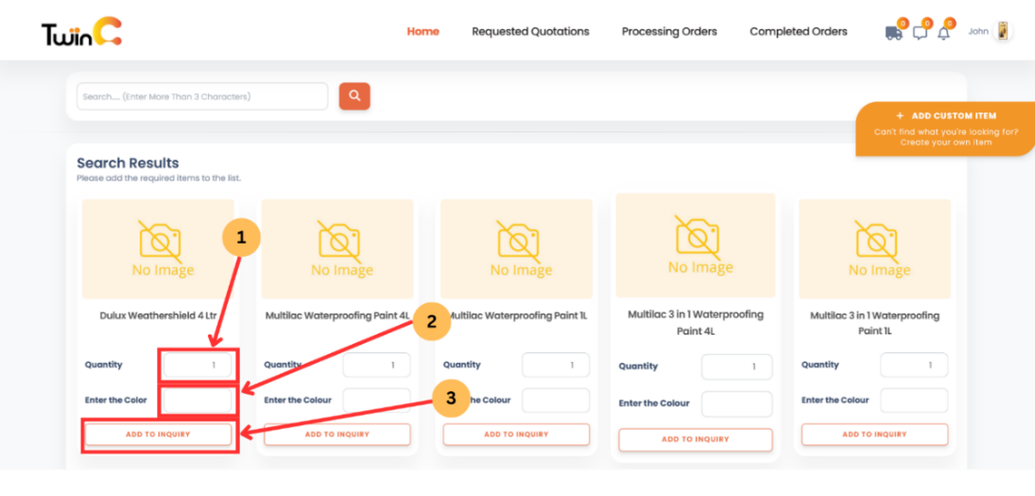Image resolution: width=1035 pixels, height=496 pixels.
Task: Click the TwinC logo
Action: [81, 32]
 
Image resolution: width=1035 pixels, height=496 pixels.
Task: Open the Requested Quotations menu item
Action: [530, 31]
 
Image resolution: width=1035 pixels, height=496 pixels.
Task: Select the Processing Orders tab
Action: [669, 31]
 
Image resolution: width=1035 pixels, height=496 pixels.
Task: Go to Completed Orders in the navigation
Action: [798, 31]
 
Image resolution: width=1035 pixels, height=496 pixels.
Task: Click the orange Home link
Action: [423, 31]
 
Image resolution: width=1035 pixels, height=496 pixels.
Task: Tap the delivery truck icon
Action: [893, 33]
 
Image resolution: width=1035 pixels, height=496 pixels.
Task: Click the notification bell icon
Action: [943, 33]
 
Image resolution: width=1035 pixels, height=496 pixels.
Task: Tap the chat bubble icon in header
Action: [919, 33]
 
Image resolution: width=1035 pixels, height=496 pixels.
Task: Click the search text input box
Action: [202, 96]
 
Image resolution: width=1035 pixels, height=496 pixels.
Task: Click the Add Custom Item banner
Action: [945, 128]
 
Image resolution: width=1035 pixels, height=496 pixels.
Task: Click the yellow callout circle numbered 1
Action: [241, 239]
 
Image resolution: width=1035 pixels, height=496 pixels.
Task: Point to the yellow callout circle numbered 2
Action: [431, 321]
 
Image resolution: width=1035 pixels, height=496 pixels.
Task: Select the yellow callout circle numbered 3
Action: [451, 398]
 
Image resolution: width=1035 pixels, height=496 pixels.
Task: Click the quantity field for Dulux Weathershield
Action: [198, 365]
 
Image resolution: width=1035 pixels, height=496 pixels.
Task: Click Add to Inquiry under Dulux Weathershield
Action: [158, 435]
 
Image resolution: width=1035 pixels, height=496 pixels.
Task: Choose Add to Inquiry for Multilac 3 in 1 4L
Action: [695, 439]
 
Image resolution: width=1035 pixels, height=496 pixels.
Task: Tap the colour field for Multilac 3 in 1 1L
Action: [913, 400]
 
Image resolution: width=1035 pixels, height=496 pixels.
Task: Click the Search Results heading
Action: [128, 162]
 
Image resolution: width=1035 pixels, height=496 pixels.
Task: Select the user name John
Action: [978, 31]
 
